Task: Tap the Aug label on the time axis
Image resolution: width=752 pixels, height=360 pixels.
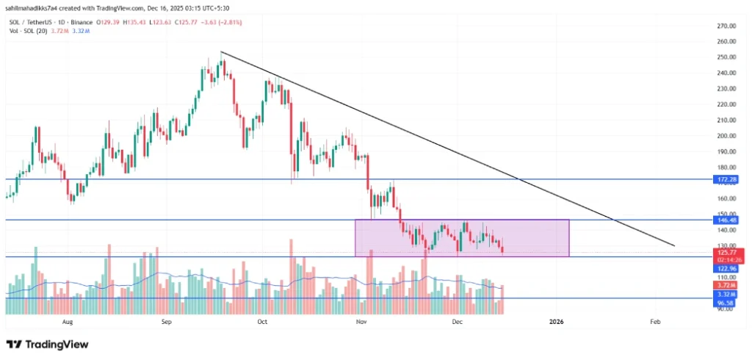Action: [68, 321]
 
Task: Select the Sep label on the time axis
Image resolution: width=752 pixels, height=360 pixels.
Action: [167, 321]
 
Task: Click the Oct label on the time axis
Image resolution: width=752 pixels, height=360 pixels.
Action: [262, 321]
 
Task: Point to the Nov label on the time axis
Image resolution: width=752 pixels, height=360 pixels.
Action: [361, 321]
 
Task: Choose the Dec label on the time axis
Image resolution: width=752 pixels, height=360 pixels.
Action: [457, 321]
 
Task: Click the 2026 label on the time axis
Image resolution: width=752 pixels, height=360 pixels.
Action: [556, 321]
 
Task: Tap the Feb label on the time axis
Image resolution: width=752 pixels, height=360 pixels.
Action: [655, 321]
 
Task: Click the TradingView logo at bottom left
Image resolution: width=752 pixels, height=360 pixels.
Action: [47, 344]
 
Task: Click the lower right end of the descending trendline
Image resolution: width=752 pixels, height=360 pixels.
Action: [673, 245]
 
